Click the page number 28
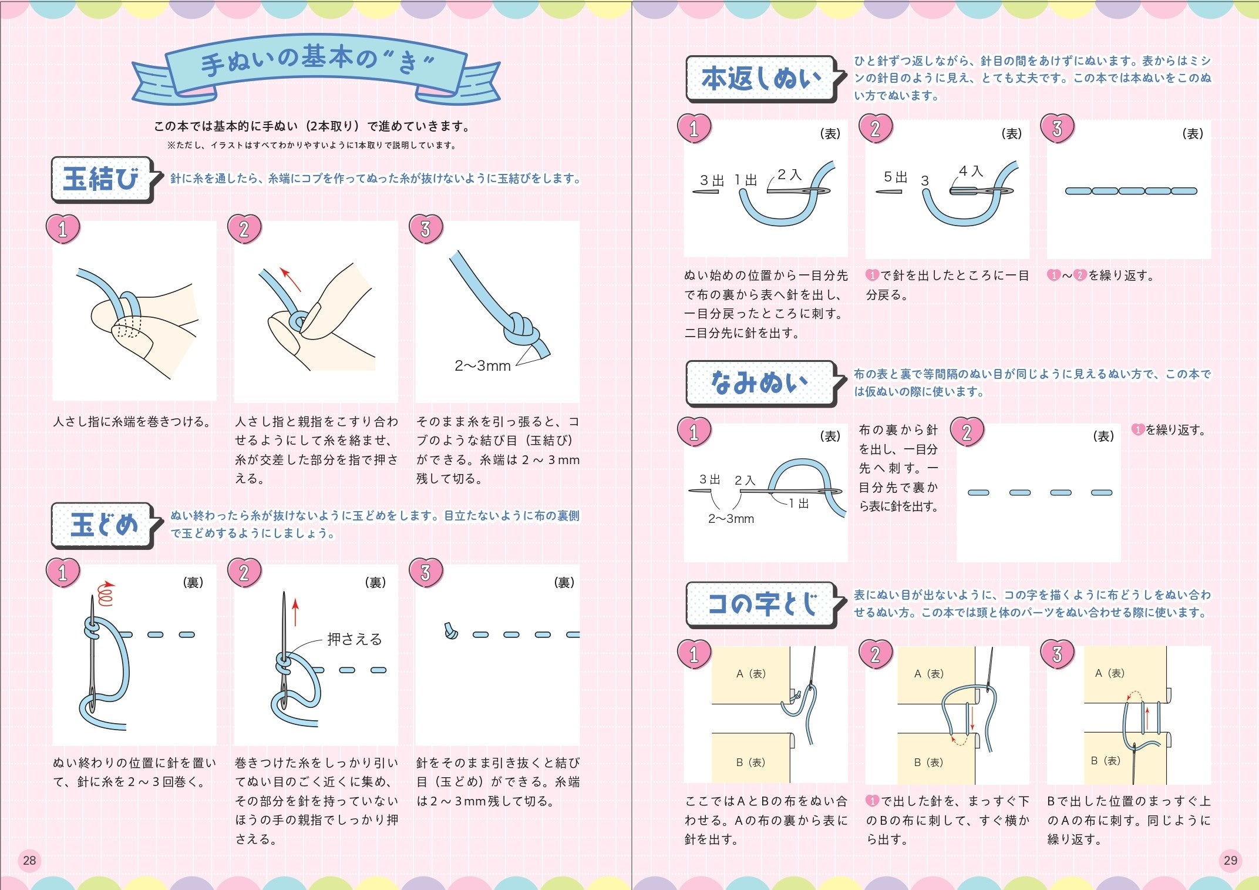pos(29,861)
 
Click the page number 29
pos(1230,861)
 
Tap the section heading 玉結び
pos(101,179)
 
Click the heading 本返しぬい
pos(761,78)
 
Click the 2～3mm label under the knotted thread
pos(483,366)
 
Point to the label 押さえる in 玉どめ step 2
pos(355,639)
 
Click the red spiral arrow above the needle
pos(105,593)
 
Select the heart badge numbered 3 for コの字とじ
pos(1057,654)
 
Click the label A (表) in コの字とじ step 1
pos(751,674)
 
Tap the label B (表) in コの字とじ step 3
pos(1106,761)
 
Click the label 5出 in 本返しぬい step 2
pos(896,177)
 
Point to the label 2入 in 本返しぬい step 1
pos(790,174)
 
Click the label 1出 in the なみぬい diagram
pos(799,503)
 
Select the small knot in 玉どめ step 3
pos(450,631)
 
